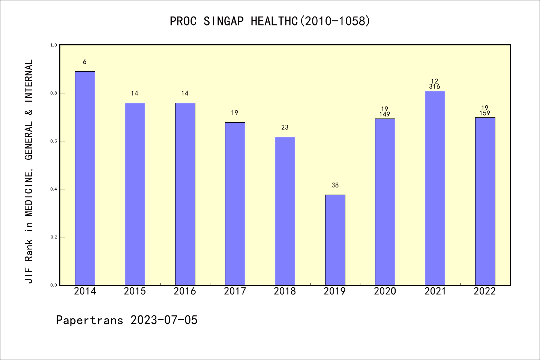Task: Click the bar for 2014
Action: click(x=85, y=178)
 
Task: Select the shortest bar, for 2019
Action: click(x=335, y=240)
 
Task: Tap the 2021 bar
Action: click(x=435, y=188)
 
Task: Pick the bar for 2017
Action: click(x=235, y=204)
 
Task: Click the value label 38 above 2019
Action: click(x=335, y=185)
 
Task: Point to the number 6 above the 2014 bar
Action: click(x=85, y=62)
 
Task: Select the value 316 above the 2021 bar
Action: click(x=435, y=86)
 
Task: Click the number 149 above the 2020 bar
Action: click(x=384, y=114)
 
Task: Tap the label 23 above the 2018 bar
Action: click(x=285, y=127)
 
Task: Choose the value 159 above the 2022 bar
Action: click(x=485, y=113)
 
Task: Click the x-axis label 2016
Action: click(x=185, y=291)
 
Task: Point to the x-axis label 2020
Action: click(x=385, y=291)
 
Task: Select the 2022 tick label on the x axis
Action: click(x=485, y=291)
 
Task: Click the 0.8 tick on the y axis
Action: click(x=54, y=93)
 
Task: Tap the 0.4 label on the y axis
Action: click(x=54, y=189)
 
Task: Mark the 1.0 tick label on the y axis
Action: click(x=54, y=45)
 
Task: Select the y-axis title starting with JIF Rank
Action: click(x=28, y=171)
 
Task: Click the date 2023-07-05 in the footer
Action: click(x=164, y=320)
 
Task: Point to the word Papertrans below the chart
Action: click(x=90, y=320)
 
